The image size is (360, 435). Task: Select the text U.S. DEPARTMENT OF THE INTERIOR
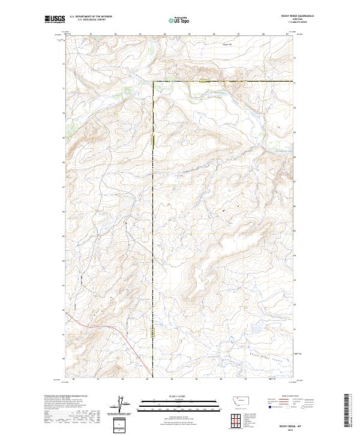coord(91,17)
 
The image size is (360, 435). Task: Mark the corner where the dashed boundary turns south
coord(153,81)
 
